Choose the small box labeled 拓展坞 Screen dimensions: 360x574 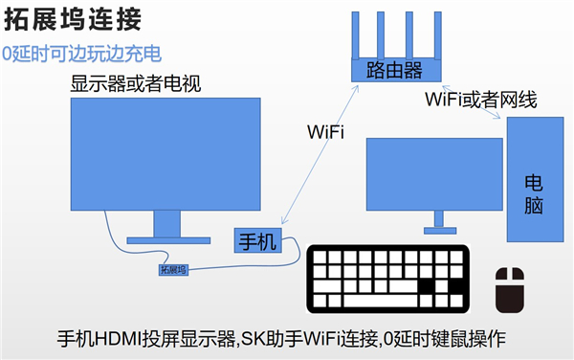[174, 270]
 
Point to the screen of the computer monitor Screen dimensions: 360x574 [434, 174]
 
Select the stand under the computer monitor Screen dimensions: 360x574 [439, 226]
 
